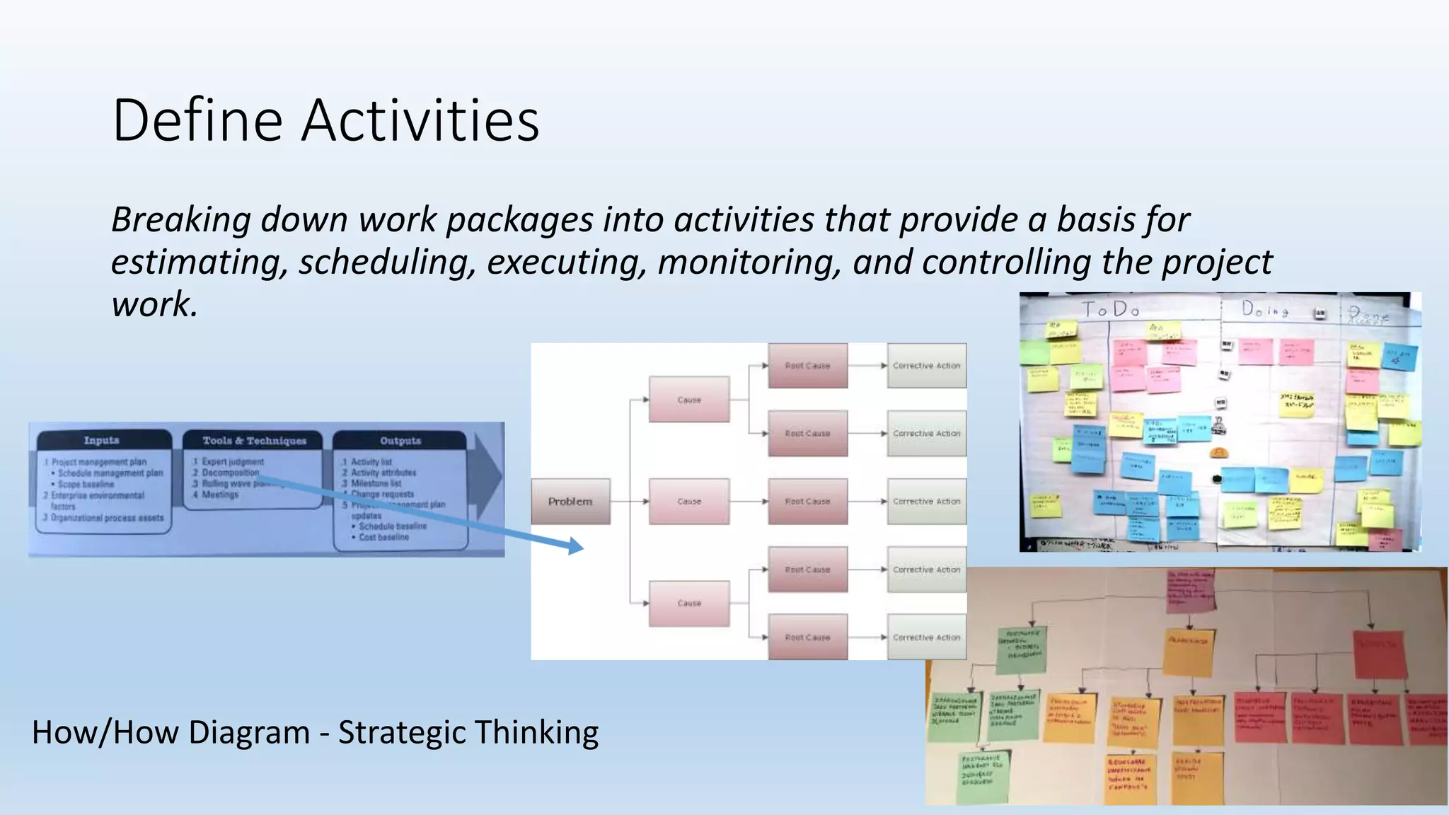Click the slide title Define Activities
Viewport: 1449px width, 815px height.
point(325,120)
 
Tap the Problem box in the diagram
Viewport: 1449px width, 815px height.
point(570,501)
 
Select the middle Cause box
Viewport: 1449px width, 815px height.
point(689,501)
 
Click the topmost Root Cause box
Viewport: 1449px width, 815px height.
point(807,366)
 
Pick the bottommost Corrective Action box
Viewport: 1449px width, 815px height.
point(926,637)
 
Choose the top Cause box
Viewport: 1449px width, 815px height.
point(689,400)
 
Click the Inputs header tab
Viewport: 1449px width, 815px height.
point(102,440)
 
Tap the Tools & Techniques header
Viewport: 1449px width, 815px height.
point(255,440)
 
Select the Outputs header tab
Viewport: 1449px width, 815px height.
point(400,440)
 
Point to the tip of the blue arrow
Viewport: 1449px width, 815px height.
point(582,547)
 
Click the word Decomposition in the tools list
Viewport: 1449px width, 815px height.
point(231,473)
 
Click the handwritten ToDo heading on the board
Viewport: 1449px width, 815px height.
point(1111,310)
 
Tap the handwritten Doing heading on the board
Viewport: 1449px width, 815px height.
point(1265,310)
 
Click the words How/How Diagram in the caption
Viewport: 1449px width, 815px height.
point(170,733)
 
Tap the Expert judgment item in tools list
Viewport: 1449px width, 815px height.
point(233,461)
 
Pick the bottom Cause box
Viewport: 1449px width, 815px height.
point(689,603)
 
